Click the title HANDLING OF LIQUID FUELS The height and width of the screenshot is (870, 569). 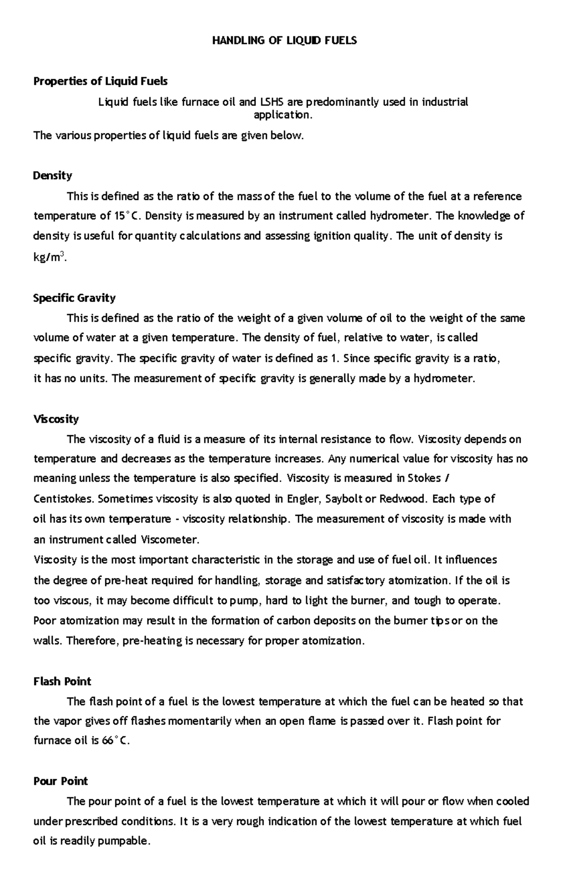(284, 41)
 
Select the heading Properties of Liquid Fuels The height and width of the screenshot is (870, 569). (100, 82)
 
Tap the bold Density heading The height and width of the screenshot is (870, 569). (52, 176)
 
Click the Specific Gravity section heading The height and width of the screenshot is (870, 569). (74, 298)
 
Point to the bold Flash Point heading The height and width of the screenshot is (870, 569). (62, 682)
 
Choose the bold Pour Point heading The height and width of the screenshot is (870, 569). (61, 781)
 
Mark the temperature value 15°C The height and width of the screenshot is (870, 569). (127, 216)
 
